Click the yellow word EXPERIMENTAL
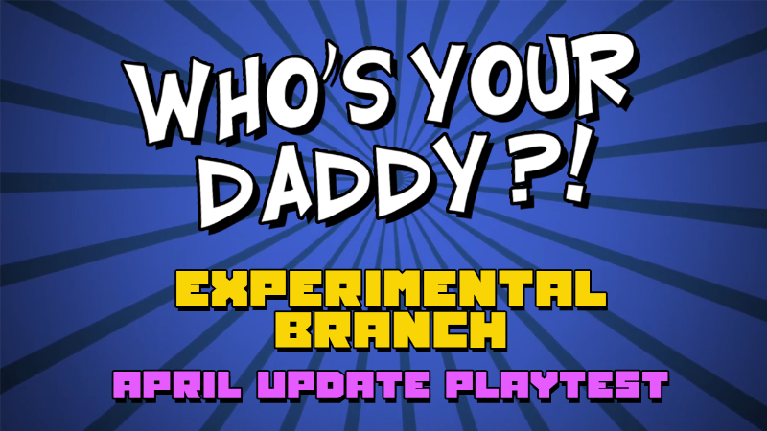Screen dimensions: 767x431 click(x=391, y=290)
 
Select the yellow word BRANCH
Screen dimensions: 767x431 click(x=391, y=329)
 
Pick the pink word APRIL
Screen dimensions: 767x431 click(x=177, y=386)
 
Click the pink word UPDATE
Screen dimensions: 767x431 click(x=343, y=386)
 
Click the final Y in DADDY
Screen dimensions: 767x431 click(x=457, y=171)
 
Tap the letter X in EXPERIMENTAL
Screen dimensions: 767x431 click(x=229, y=290)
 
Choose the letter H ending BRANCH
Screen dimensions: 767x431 click(x=488, y=329)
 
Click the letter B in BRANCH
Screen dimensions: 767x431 click(x=293, y=329)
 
